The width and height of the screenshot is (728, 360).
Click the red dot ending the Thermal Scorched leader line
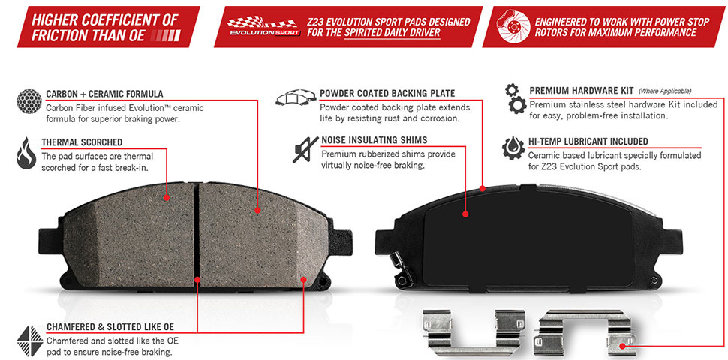[x=167, y=198]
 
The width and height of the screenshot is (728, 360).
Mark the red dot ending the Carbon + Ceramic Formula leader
[x=257, y=210]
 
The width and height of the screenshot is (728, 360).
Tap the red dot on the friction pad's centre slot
[x=198, y=279]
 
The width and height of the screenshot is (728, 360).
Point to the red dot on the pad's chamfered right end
[x=304, y=279]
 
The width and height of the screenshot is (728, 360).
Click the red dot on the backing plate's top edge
[x=483, y=188]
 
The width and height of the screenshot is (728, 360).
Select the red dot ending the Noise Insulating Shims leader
[x=465, y=214]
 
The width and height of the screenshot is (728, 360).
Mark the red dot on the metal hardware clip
[x=622, y=346]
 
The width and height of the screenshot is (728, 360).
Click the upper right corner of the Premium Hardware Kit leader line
[x=723, y=98]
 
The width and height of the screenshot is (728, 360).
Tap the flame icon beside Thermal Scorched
[x=26, y=153]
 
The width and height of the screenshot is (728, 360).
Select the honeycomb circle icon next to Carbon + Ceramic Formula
[x=29, y=102]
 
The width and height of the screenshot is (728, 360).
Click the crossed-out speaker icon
[x=305, y=149]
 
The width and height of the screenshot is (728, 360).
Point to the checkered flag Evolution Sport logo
[x=263, y=26]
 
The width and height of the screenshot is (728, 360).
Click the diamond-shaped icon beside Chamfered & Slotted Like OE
[x=30, y=341]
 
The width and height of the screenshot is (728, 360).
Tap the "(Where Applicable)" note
[x=665, y=91]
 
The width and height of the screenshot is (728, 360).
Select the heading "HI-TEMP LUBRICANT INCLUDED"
[x=588, y=142]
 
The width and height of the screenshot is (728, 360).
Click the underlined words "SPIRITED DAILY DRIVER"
[x=392, y=33]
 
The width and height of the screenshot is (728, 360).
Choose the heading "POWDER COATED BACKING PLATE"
[x=388, y=93]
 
